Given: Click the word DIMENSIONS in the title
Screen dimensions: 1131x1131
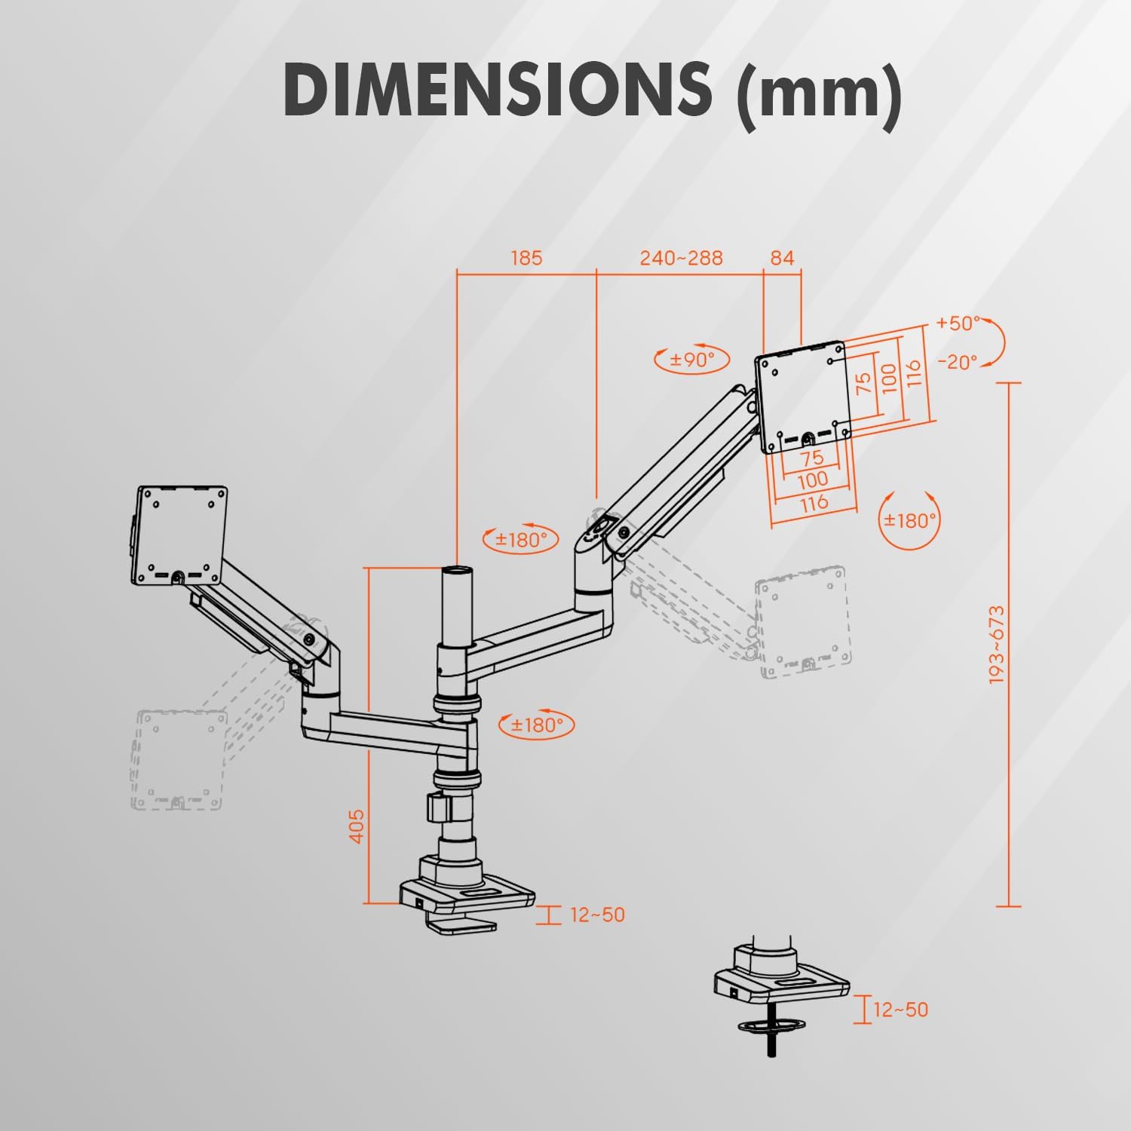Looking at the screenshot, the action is point(498,89).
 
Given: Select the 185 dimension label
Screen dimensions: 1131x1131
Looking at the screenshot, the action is point(526,258).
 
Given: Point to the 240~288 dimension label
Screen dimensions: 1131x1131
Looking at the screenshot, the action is point(681,258).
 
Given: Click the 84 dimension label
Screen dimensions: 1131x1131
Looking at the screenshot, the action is point(782,258).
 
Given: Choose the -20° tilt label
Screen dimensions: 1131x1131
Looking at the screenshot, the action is point(958,362).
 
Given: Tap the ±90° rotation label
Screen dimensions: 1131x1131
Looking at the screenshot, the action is point(693,360).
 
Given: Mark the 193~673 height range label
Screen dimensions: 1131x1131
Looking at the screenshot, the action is point(998,644).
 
